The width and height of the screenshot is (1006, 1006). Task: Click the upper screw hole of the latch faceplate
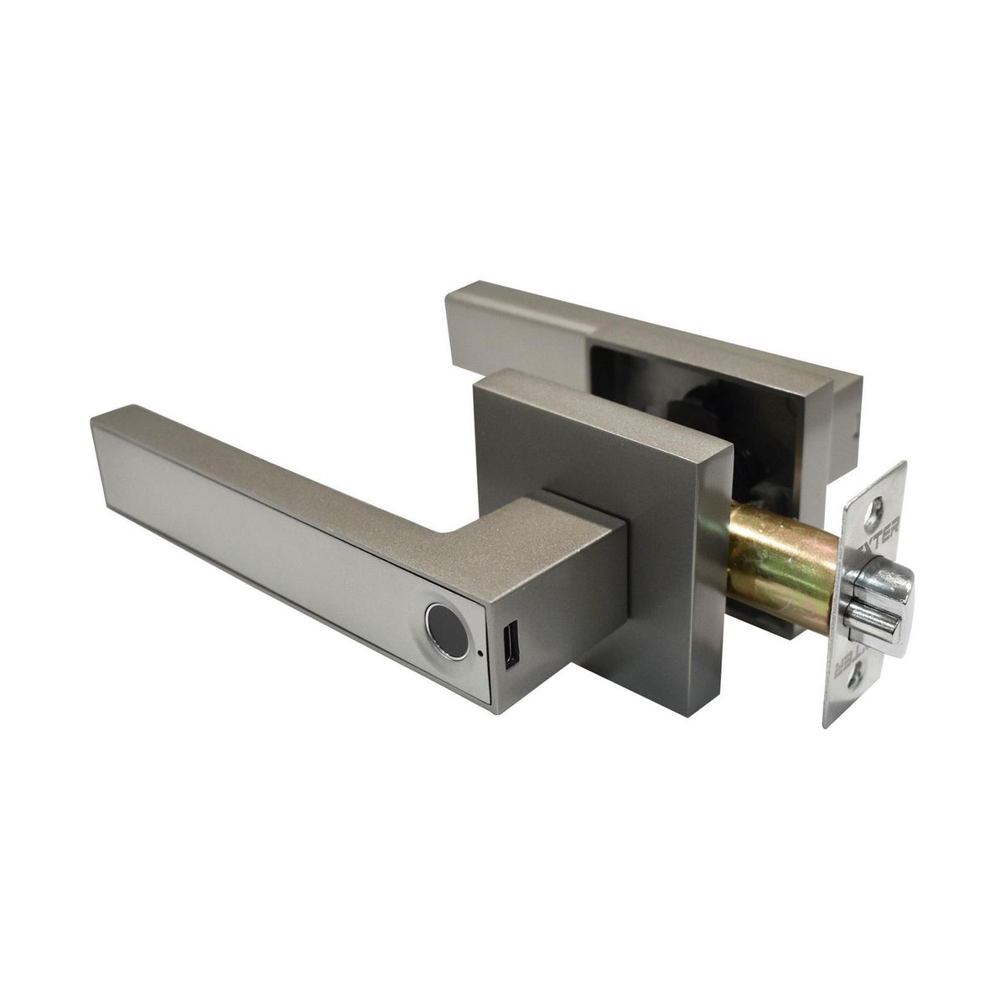(877, 506)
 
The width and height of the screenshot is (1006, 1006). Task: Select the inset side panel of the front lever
(251, 537)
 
